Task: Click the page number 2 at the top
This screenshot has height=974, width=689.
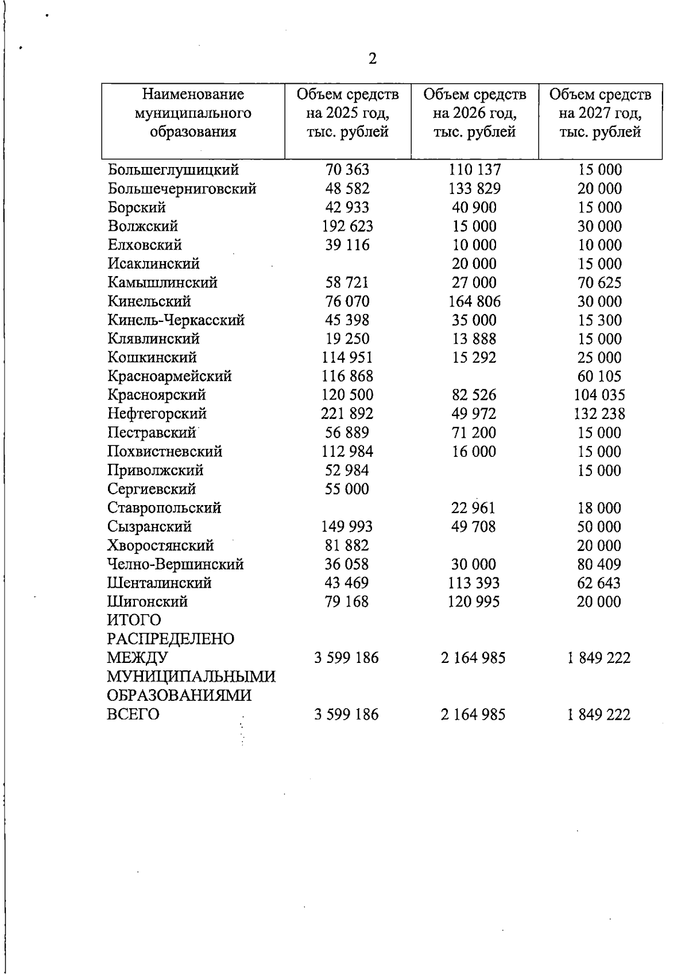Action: click(x=373, y=59)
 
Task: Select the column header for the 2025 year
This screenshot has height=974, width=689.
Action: click(x=347, y=113)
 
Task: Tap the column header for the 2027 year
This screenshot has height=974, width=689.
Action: click(x=600, y=113)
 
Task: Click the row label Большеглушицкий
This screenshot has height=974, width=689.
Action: click(x=173, y=170)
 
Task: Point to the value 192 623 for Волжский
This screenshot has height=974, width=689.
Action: click(x=347, y=226)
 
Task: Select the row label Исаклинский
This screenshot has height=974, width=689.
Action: click(x=154, y=263)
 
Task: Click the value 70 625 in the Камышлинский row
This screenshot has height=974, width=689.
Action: click(x=599, y=282)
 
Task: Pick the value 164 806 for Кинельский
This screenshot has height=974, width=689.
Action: click(x=474, y=301)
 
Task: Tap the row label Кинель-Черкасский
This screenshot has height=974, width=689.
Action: click(x=176, y=320)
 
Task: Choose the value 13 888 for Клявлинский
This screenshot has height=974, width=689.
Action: click(x=474, y=339)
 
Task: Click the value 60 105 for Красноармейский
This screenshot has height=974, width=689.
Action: click(x=599, y=377)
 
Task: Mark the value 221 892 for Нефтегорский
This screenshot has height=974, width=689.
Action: click(x=347, y=414)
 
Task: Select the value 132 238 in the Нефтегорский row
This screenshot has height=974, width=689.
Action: click(x=599, y=414)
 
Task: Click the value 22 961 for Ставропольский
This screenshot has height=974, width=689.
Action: click(x=473, y=508)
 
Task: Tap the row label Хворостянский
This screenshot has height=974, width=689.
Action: click(x=161, y=545)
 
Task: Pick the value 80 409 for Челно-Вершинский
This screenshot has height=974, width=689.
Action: click(x=599, y=564)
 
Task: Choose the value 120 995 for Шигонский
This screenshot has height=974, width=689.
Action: click(x=474, y=602)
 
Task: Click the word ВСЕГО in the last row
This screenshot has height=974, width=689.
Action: click(x=133, y=715)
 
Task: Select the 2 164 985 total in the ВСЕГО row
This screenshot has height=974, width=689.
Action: click(x=473, y=715)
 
